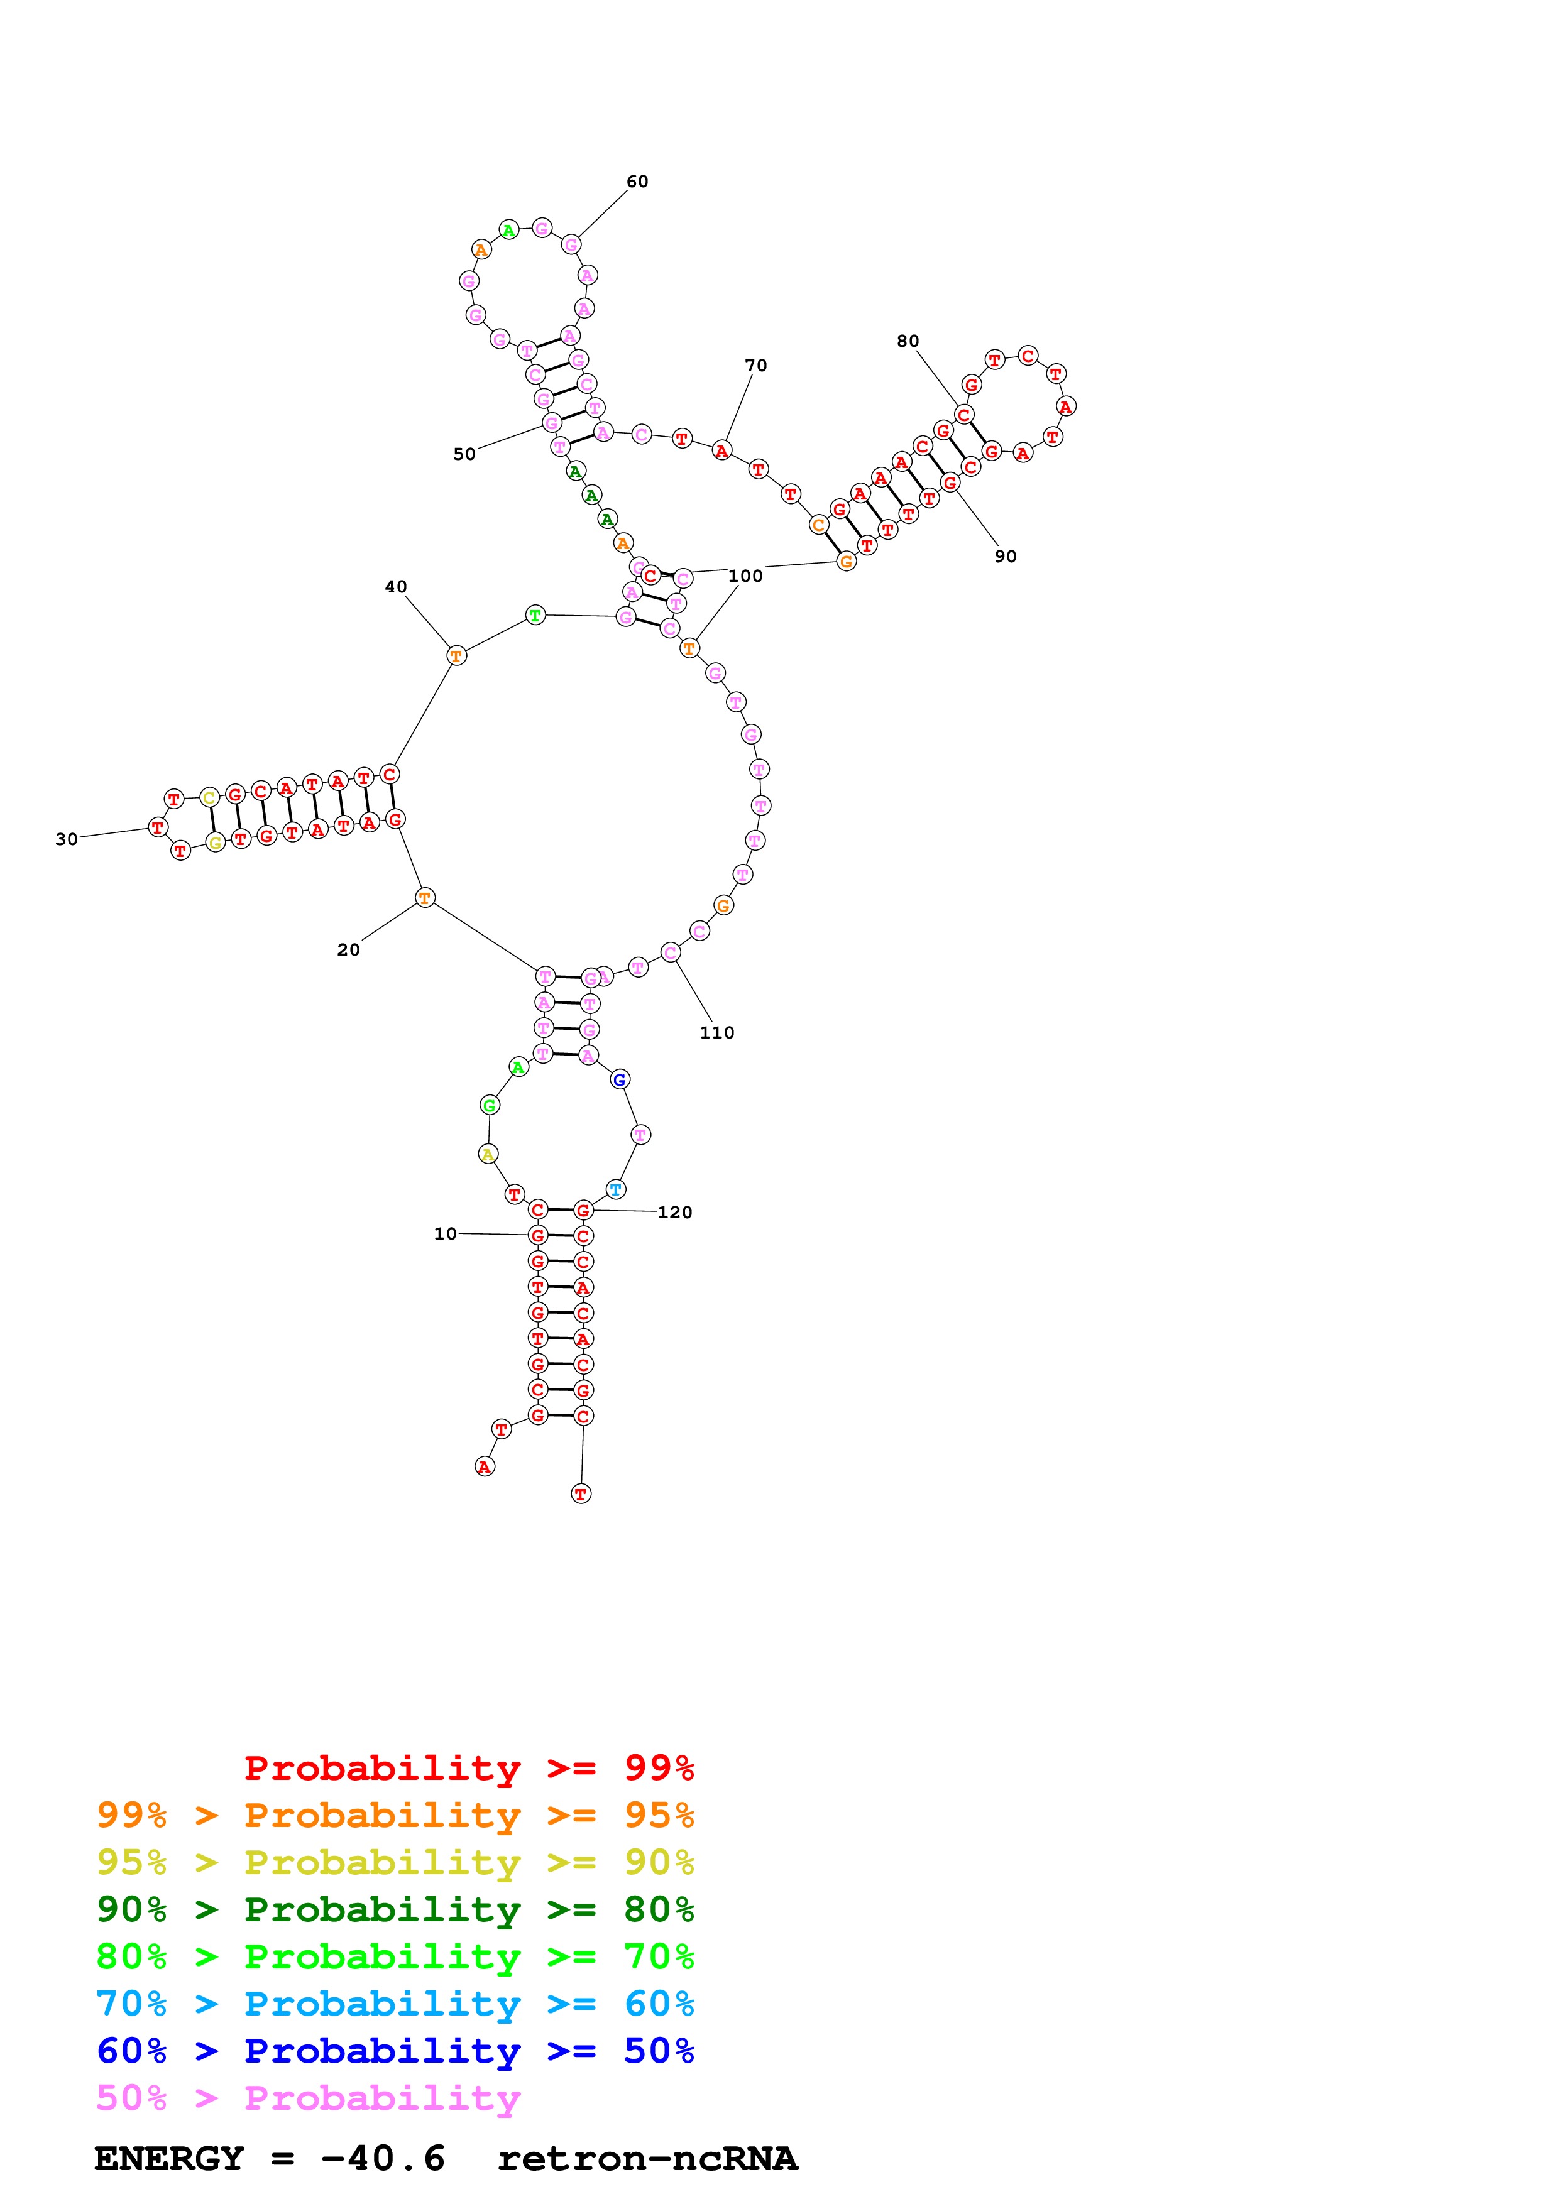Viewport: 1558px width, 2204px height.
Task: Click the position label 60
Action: tap(637, 182)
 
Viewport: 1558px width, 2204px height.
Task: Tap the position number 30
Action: tap(66, 839)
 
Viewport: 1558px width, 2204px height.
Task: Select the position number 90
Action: tap(1005, 557)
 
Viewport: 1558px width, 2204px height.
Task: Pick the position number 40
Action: tap(395, 587)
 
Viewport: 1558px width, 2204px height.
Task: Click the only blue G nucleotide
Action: tap(620, 1080)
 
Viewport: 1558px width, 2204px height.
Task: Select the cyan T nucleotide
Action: tap(615, 1189)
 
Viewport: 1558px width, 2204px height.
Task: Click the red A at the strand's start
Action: tap(485, 1467)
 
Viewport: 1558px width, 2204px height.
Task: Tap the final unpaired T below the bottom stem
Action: tap(581, 1493)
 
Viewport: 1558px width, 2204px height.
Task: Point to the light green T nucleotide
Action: tap(535, 615)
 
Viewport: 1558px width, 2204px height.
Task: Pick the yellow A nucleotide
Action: tap(488, 1154)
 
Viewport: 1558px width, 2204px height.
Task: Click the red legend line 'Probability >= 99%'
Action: tap(468, 1768)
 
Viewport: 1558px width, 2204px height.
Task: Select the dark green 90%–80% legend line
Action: tap(395, 1909)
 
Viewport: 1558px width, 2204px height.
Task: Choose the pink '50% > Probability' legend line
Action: tap(308, 2098)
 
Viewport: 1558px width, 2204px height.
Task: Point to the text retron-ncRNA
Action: tap(647, 2159)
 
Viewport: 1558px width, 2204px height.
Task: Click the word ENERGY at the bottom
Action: tap(169, 2159)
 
